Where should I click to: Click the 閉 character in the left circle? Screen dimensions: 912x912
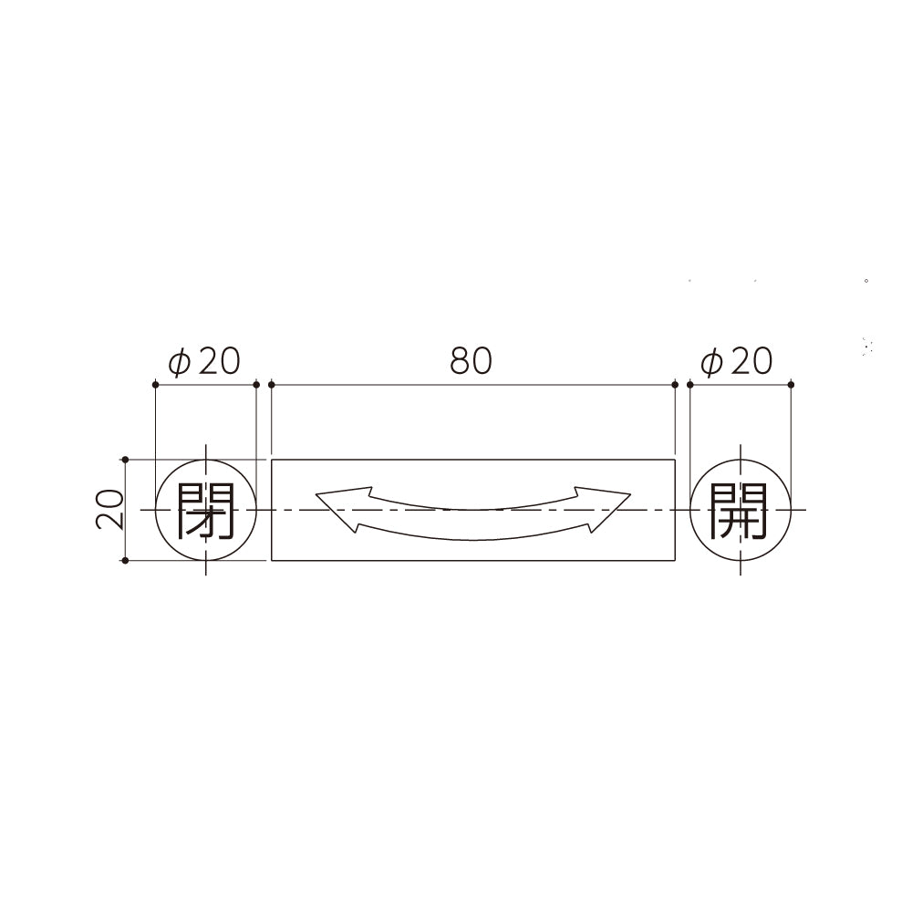click(205, 510)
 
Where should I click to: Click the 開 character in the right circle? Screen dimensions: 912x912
click(739, 510)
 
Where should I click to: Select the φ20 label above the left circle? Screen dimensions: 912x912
click(204, 361)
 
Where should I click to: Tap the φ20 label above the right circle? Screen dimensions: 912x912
click(737, 361)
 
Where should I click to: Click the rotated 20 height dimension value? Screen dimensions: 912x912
click(109, 510)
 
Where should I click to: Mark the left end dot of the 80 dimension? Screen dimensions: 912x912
click(272, 385)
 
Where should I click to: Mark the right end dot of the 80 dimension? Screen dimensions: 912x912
click(675, 385)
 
